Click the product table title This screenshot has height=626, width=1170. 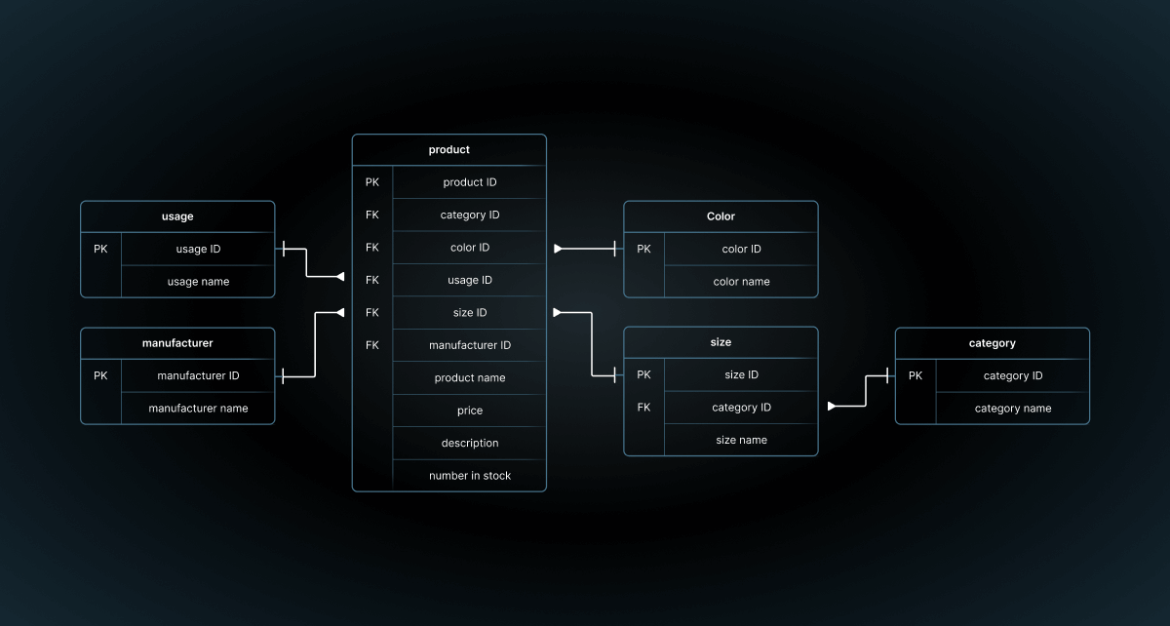coord(448,150)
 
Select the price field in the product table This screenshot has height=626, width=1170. coord(469,411)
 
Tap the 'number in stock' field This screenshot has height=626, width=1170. coord(469,476)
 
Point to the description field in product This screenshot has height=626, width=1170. coord(469,443)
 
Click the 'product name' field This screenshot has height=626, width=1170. coord(469,377)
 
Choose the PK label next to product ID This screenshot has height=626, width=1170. coord(372,182)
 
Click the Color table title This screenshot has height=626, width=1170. coord(721,216)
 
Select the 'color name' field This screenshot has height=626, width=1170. coord(741,282)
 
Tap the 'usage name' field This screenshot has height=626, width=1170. coord(198,282)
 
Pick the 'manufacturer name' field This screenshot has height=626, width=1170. coord(198,409)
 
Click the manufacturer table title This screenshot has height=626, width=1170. coord(177,343)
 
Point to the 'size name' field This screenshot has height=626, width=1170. coord(741,440)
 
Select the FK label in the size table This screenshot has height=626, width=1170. coord(643,408)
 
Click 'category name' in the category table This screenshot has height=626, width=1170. coord(1012,409)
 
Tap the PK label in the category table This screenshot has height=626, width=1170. coord(915,375)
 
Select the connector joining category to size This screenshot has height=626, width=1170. coord(865,391)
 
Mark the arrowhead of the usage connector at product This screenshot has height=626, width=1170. coord(340,277)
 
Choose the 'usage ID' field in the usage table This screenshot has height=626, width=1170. coord(198,249)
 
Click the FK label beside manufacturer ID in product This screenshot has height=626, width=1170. coord(372,345)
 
